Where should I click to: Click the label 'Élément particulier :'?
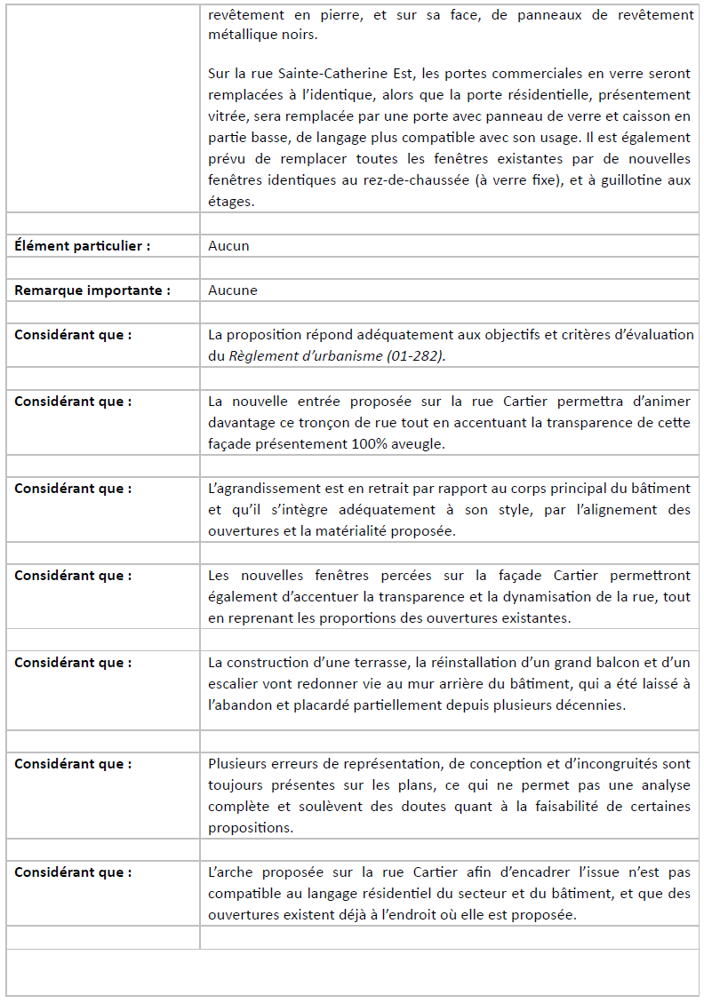point(82,246)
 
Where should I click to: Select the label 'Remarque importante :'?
point(92,291)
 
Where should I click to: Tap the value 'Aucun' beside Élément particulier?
point(228,246)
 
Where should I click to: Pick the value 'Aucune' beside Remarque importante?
point(233,291)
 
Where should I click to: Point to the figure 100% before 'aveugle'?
point(379,444)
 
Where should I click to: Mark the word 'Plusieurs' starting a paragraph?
point(237,764)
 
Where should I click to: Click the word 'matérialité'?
point(410,531)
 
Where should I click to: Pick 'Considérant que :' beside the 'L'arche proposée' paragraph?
point(73,872)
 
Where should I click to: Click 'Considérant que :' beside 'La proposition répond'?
point(73,335)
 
